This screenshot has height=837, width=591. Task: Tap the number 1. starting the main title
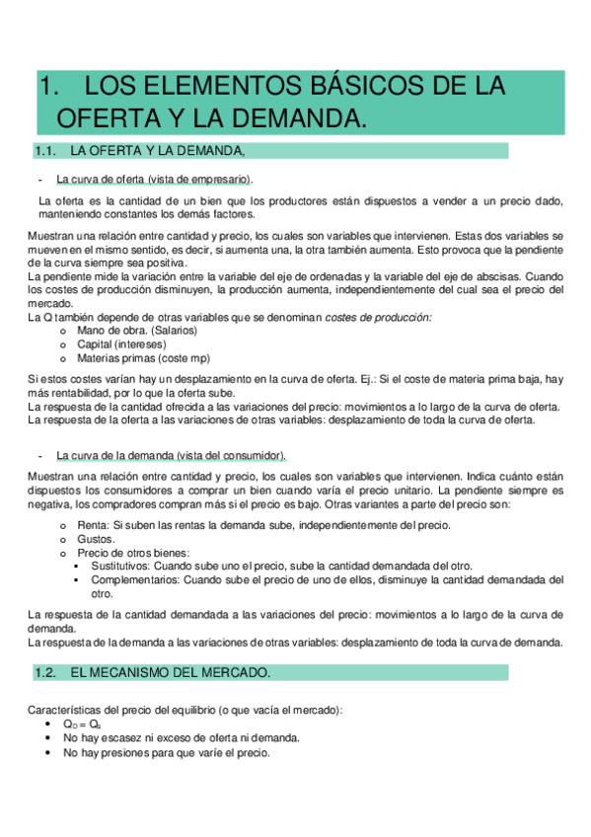(x=48, y=86)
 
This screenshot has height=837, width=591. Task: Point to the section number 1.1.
(x=46, y=151)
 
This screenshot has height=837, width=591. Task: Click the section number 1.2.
(x=46, y=672)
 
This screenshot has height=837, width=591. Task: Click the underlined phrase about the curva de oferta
(x=154, y=179)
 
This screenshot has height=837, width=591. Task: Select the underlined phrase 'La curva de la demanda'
(x=171, y=455)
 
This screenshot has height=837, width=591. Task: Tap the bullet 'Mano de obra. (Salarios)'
(x=137, y=331)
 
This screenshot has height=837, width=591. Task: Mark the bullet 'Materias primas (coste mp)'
(x=143, y=358)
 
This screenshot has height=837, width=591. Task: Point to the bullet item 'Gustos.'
(x=95, y=539)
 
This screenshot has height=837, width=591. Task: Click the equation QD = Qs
(x=81, y=723)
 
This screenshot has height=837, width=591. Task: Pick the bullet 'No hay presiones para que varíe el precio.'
(x=166, y=751)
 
